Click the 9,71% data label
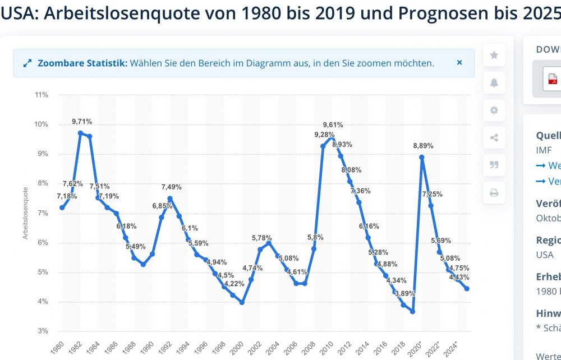click(82, 122)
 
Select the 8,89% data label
click(423, 146)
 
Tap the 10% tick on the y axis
click(41, 124)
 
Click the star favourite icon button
click(494, 55)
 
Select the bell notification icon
click(494, 83)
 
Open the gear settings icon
click(494, 110)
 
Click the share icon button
click(494, 137)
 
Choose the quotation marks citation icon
click(494, 165)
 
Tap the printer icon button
click(494, 192)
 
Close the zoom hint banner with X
click(459, 63)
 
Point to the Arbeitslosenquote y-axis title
click(25, 213)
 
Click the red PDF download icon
click(553, 79)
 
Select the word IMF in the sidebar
click(544, 150)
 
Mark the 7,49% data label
click(172, 187)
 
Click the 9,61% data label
click(333, 125)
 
